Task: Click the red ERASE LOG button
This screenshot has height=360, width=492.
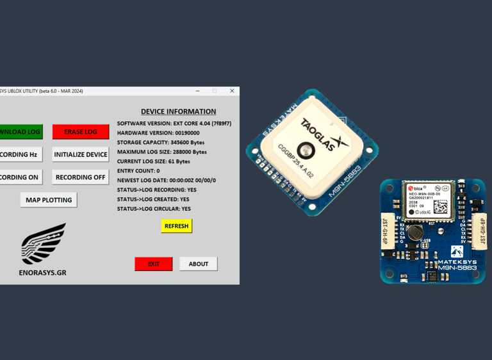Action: coord(81,132)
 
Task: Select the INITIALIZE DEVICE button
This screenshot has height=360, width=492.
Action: coord(81,154)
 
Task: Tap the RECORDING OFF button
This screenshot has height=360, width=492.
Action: coord(81,177)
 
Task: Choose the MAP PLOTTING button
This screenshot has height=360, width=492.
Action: coord(49,200)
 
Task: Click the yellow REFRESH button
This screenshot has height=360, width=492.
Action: coord(176,226)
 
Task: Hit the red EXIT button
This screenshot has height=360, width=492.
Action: coord(154,264)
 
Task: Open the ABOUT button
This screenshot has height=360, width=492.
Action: coord(198,264)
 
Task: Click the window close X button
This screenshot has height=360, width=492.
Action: coord(232,91)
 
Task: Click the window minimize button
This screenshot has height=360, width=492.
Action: coord(197,91)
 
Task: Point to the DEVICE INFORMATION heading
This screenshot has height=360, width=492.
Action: coord(178,111)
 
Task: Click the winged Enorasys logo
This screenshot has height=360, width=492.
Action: coord(44,244)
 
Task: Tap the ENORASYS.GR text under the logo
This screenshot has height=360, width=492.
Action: coord(42,272)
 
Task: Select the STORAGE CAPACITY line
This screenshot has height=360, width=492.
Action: coord(161,142)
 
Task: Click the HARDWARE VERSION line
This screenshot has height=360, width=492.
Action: coord(158,133)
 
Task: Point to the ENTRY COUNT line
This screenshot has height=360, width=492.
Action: coord(138,171)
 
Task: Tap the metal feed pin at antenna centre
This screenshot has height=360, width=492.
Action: coord(306,151)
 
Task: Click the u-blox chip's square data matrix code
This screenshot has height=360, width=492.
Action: coord(441,206)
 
